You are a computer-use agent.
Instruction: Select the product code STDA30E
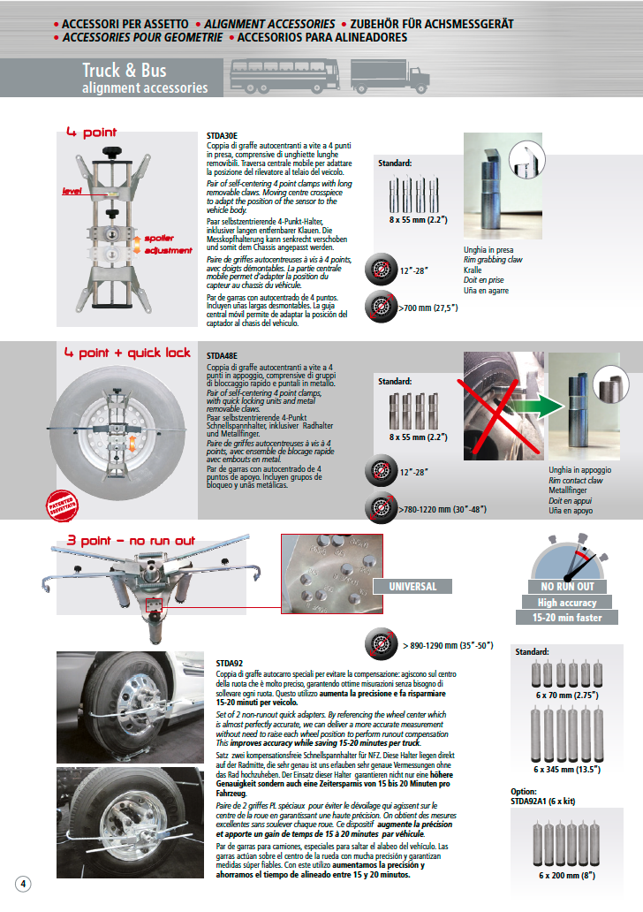[222, 135]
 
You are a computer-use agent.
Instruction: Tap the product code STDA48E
[223, 358]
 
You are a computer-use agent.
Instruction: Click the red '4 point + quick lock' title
[127, 353]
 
